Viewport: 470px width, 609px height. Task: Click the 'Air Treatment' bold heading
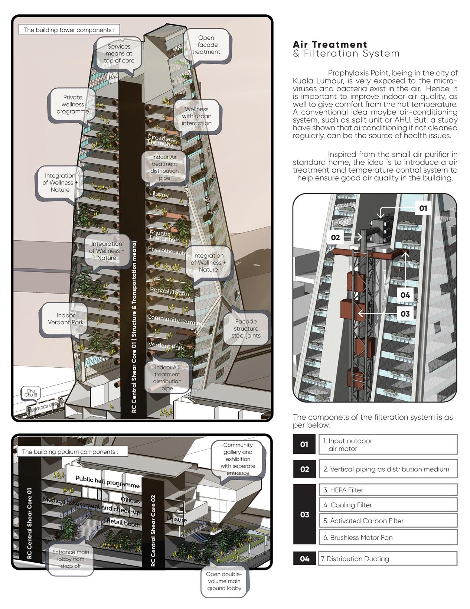[330, 45]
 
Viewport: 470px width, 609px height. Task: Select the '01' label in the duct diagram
[423, 208]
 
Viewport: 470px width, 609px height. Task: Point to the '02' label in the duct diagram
[335, 237]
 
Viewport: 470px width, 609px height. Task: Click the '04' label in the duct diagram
[405, 295]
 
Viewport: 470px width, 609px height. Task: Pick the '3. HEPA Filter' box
[388, 490]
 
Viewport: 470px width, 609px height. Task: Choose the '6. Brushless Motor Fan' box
[388, 537]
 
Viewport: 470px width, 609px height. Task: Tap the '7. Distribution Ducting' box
[388, 559]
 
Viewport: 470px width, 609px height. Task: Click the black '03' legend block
[304, 514]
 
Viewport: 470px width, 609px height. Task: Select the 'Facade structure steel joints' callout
[246, 329]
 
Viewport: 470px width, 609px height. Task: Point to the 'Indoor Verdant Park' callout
[66, 319]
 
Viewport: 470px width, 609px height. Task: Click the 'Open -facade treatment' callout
[206, 45]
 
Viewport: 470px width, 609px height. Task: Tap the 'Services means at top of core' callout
[119, 54]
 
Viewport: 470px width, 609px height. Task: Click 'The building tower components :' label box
[69, 30]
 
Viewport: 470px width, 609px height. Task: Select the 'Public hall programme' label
[108, 482]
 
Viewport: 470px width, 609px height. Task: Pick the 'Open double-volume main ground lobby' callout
[224, 581]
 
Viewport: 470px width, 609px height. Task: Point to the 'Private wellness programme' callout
[73, 104]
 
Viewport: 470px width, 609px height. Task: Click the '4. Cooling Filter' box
[388, 505]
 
